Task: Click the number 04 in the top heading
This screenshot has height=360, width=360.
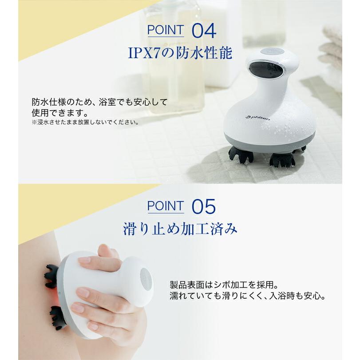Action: pos(204,31)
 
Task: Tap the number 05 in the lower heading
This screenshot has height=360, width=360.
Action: pos(204,206)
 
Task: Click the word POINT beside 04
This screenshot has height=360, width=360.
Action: pos(166,30)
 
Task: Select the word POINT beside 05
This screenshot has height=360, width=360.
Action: pos(166,206)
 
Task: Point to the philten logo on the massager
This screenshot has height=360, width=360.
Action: pos(257,117)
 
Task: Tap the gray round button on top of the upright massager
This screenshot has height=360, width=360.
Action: pos(273,52)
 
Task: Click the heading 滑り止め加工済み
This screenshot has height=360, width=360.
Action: pos(180,229)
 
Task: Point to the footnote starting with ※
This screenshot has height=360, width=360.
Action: pos(85,122)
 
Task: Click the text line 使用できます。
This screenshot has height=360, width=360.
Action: pos(60,112)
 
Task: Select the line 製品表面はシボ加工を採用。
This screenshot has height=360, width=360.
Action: pos(224,285)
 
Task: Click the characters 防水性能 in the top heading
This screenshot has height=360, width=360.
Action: pos(204,53)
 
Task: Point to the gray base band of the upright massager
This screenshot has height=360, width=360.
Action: pos(269,141)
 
